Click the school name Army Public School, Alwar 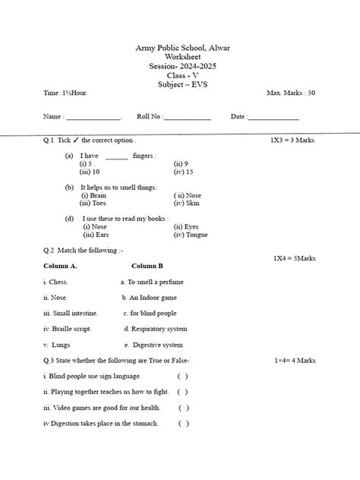pyautogui.click(x=182, y=48)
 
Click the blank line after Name pyautogui.click(x=93, y=118)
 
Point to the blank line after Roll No pyautogui.click(x=188, y=118)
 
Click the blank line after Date pyautogui.click(x=273, y=118)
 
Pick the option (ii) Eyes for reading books pyautogui.click(x=186, y=226)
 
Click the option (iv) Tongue pyautogui.click(x=190, y=235)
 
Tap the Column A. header pyautogui.click(x=61, y=266)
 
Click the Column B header pyautogui.click(x=147, y=266)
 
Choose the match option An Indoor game pyautogui.click(x=153, y=297)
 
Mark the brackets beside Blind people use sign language pyautogui.click(x=183, y=376)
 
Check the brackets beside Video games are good pyautogui.click(x=183, y=408)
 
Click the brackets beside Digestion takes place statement pyautogui.click(x=183, y=424)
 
